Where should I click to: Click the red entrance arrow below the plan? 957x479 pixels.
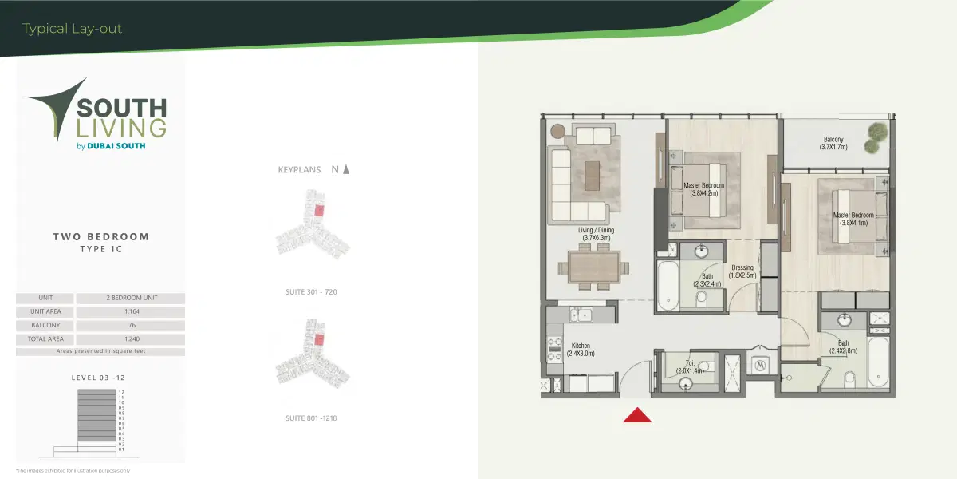(637, 414)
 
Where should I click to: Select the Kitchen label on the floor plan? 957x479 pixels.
(581, 350)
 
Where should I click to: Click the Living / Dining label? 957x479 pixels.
(596, 233)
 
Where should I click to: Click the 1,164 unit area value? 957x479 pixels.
(131, 311)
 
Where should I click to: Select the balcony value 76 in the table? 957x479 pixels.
(131, 325)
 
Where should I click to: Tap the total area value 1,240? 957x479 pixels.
(131, 338)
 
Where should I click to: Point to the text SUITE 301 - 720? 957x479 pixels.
(311, 292)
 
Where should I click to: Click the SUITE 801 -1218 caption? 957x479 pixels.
(311, 418)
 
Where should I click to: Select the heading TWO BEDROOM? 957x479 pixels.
(101, 236)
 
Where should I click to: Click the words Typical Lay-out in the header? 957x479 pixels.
(73, 30)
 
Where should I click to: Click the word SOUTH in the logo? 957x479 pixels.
(121, 108)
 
